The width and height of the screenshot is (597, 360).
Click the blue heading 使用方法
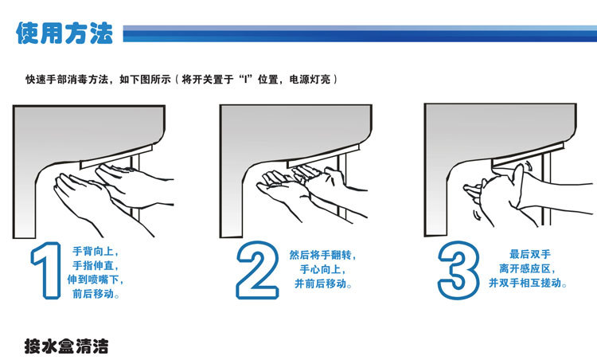64,33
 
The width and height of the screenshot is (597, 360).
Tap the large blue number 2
257,270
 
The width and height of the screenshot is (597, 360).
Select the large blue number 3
458,270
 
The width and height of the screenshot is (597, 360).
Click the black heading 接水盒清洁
67,346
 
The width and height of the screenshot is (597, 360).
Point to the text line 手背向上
96,252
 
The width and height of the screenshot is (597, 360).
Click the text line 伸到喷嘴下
96,280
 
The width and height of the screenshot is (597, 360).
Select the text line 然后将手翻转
322,255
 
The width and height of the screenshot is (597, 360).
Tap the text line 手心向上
322,269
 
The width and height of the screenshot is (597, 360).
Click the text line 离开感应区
527,268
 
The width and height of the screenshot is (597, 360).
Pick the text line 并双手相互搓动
527,283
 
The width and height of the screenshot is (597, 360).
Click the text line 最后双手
530,254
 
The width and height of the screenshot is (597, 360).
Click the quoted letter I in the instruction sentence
246,79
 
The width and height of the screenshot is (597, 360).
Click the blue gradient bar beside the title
360,33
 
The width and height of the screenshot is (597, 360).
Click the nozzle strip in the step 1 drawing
116,157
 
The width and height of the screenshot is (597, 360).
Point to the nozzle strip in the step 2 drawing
323,156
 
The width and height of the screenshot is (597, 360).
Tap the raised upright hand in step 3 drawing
518,186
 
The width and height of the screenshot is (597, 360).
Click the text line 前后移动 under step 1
96,294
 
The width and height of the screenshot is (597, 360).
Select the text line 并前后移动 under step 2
322,284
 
